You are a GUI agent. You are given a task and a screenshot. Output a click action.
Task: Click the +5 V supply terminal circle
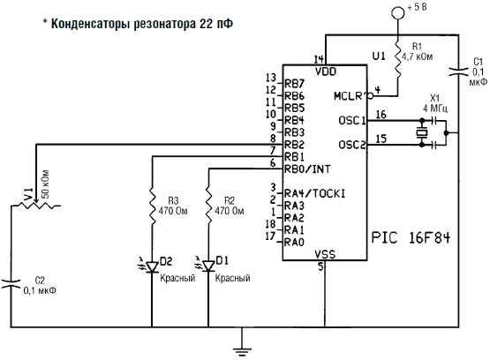pos(398,12)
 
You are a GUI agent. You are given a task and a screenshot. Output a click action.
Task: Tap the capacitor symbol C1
pos(458,71)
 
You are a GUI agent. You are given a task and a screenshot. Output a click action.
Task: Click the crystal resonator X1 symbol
pos(422,132)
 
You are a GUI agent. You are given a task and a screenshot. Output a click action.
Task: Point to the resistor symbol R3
pos(152,207)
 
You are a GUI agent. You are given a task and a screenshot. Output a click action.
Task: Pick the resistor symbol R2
pos(208,207)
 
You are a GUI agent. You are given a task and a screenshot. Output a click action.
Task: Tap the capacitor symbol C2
pos(11,283)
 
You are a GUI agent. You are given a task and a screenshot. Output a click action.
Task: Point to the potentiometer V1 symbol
pos(36,205)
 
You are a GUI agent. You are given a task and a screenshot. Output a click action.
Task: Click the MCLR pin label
pos(350,96)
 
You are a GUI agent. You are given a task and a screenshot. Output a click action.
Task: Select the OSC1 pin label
pos(352,121)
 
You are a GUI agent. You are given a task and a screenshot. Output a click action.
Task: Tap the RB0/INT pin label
pos(307,169)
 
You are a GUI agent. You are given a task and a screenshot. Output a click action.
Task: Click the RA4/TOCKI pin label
pos(314,193)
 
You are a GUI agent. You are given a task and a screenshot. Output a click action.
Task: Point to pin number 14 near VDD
pos(319,59)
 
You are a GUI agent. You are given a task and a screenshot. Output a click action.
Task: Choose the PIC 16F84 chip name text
pos(411,238)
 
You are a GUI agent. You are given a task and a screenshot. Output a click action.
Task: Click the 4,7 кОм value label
pos(418,56)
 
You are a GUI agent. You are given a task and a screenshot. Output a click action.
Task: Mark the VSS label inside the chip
pos(325,254)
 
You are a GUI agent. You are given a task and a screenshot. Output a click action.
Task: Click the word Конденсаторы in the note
pos(90,24)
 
